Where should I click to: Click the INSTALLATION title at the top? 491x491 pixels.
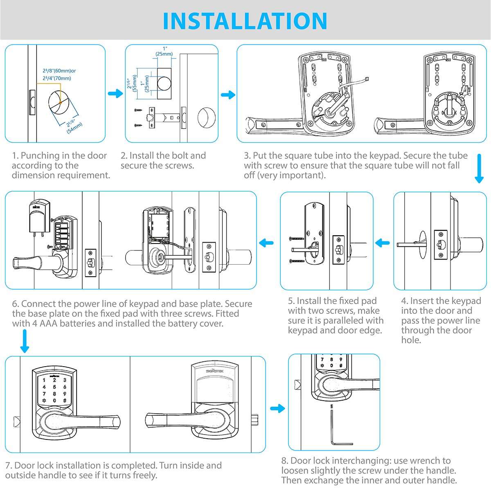coord(245,20)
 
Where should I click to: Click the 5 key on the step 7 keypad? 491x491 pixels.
coord(54,387)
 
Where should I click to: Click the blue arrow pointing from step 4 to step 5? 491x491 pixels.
coord(383,243)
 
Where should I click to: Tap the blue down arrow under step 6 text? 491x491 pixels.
coord(25,341)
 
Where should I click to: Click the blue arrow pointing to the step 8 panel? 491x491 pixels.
coord(277,408)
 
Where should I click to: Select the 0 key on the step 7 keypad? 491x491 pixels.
coord(54,401)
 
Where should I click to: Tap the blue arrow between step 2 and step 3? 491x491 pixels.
coord(228,95)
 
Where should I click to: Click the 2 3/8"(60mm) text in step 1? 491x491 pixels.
coord(59,71)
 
